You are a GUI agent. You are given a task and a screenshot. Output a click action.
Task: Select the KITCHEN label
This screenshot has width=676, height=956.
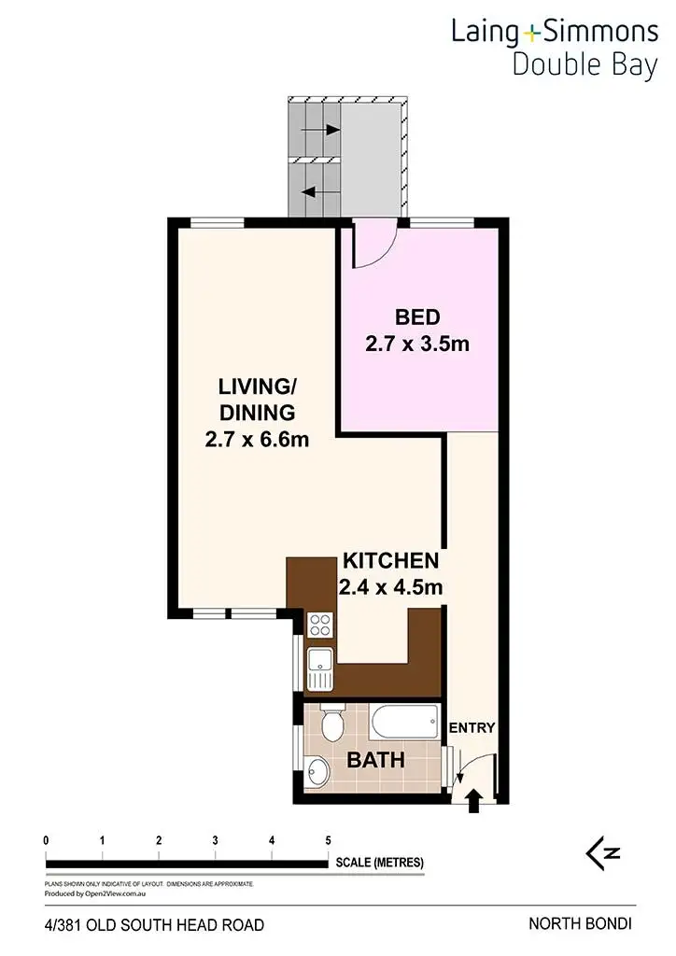pos(390,561)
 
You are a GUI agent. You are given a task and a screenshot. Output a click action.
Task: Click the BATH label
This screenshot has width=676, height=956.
pos(376,760)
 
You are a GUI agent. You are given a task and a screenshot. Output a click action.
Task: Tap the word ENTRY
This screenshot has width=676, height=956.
pos(472,728)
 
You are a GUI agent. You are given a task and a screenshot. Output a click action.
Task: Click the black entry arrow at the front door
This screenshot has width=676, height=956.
pos(473,798)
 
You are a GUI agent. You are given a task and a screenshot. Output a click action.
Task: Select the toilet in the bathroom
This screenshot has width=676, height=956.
pos(331,724)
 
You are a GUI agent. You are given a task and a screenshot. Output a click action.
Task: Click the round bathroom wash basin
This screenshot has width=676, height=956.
pos(317,772)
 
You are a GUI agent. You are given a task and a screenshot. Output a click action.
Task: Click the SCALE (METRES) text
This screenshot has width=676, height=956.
pos(380,863)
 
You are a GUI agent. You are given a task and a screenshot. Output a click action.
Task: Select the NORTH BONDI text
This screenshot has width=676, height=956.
pos(580,924)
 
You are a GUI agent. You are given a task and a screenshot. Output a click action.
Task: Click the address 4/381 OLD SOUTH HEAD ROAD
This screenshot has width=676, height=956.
pos(154,925)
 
